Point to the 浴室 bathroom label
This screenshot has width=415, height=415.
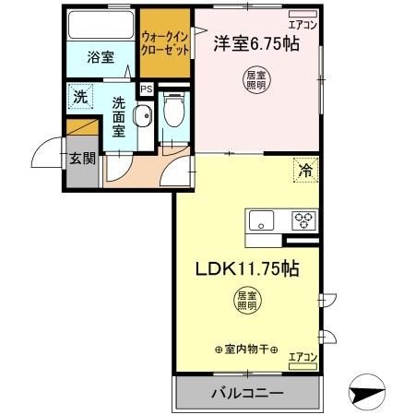tap(101, 57)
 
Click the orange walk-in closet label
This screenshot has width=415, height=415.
tap(166, 43)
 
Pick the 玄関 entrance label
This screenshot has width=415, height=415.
tap(82, 158)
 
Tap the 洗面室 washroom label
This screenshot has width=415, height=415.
tap(119, 116)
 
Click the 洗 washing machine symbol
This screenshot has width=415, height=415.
tap(79, 95)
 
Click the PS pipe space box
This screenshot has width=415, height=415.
tap(146, 89)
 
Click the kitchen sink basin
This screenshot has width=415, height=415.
tap(261, 220)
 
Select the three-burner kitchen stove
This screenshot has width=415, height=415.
tap(303, 220)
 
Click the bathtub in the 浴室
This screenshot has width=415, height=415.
tap(101, 26)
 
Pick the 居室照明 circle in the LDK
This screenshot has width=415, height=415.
tap(245, 302)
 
